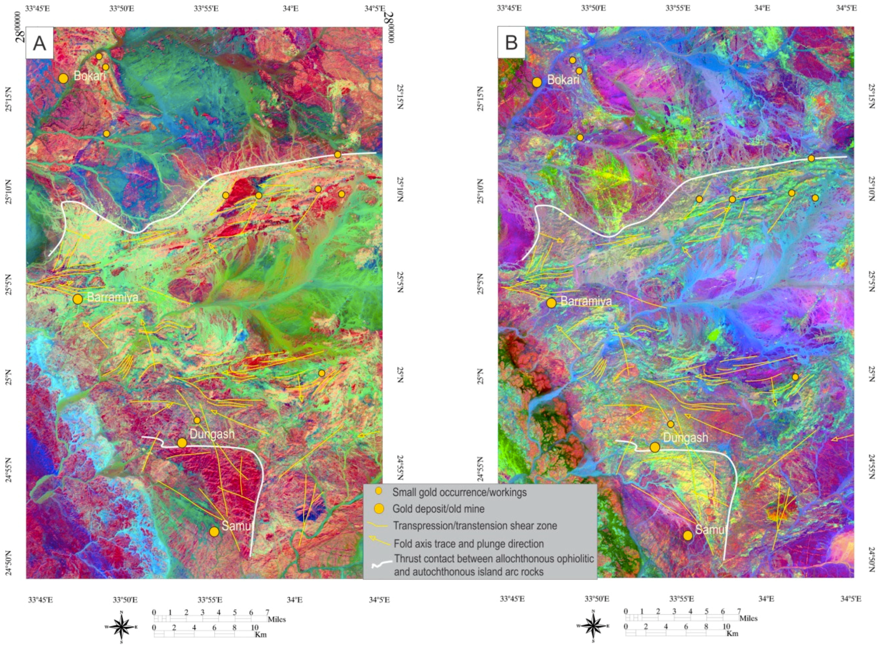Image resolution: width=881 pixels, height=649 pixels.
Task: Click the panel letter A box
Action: click(39, 43)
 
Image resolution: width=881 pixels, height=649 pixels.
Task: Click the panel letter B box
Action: click(511, 43)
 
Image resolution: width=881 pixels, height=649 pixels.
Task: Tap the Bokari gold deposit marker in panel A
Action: click(64, 78)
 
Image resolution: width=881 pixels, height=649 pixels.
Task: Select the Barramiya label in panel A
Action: click(113, 297)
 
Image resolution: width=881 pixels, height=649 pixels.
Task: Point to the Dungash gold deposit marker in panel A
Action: click(182, 443)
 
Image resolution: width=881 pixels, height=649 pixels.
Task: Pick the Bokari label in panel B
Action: click(563, 80)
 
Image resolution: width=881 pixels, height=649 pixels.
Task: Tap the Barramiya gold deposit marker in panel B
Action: click(551, 303)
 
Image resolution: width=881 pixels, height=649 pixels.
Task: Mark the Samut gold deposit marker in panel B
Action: click(687, 535)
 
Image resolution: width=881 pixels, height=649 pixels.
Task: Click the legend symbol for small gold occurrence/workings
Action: click(378, 491)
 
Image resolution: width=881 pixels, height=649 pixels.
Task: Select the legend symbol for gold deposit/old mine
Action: click(378, 509)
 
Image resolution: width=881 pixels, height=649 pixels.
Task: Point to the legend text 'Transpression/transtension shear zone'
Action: click(475, 526)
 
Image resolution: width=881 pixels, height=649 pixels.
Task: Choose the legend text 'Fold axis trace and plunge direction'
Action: click(468, 544)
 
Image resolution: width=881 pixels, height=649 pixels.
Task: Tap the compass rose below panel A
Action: click(122, 627)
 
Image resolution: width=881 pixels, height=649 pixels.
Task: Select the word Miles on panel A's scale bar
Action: click(276, 620)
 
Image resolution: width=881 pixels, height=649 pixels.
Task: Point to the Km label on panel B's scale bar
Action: click(732, 634)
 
